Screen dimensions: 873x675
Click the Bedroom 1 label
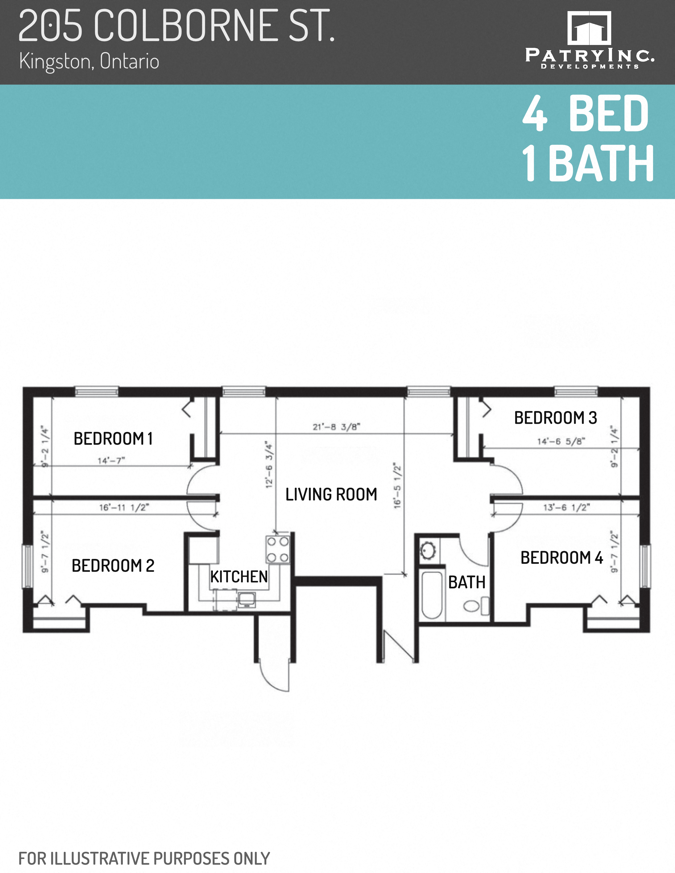[113, 439]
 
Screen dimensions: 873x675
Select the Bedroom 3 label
[555, 418]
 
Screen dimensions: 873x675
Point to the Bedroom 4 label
[561, 558]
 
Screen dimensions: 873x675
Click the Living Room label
[331, 494]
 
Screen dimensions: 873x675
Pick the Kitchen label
[239, 577]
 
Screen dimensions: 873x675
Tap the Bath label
[467, 583]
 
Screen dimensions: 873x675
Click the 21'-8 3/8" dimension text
[336, 427]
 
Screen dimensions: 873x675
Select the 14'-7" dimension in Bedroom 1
[111, 461]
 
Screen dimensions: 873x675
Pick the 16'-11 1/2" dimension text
[124, 508]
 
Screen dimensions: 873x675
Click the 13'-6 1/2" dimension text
[566, 508]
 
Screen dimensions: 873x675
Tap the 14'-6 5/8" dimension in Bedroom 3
[561, 441]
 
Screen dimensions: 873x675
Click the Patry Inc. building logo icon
[589, 28]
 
